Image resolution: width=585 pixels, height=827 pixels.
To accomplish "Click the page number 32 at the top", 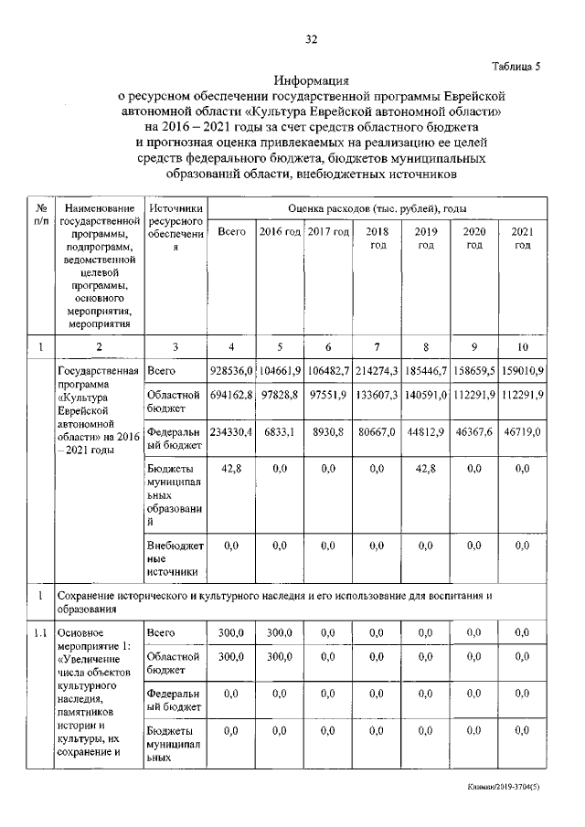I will click(x=311, y=39).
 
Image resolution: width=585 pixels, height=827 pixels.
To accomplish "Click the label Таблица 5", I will click(x=516, y=66).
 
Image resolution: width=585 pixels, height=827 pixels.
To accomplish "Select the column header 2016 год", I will click(x=280, y=232).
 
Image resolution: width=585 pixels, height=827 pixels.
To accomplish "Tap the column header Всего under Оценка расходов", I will click(x=232, y=232).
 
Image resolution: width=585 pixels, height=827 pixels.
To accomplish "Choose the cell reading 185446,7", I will click(x=425, y=373).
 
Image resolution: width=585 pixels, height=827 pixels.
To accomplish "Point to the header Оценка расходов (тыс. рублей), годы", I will click(x=378, y=208).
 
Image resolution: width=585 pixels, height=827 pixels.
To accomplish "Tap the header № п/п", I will click(x=40, y=216).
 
